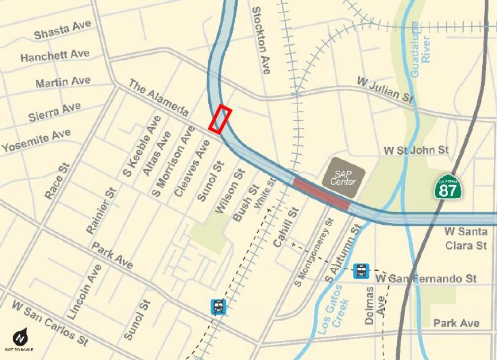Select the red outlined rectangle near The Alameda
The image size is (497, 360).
[220, 119]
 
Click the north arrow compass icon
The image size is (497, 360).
[20, 338]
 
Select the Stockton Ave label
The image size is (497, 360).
[261, 40]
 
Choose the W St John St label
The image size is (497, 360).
[416, 151]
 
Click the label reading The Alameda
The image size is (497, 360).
[158, 99]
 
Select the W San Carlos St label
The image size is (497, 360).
[50, 323]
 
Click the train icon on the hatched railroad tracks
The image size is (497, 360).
[218, 306]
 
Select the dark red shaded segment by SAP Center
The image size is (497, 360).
[321, 194]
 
